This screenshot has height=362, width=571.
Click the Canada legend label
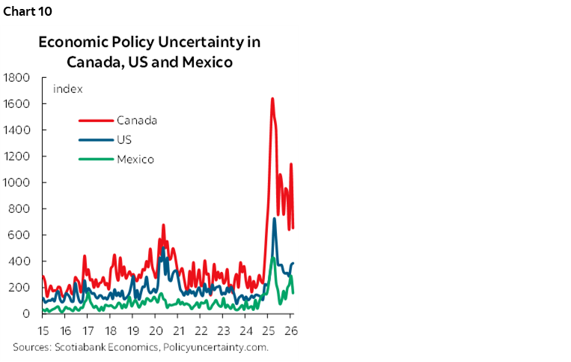pyautogui.click(x=136, y=120)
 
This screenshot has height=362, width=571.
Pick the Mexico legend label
pyautogui.click(x=135, y=159)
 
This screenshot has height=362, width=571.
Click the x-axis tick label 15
pyautogui.click(x=43, y=330)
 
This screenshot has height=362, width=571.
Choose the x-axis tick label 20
pyautogui.click(x=156, y=330)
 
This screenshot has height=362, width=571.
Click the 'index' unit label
pyautogui.click(x=67, y=89)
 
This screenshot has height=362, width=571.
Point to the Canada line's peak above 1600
pyautogui.click(x=272, y=98)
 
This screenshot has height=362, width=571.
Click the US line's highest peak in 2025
pyautogui.click(x=274, y=218)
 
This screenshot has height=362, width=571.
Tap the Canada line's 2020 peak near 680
pyautogui.click(x=163, y=225)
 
